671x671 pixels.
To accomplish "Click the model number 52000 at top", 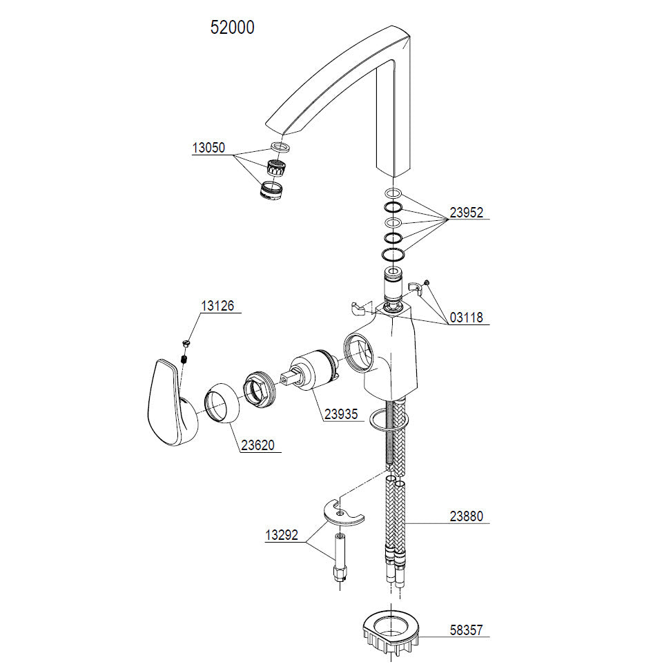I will (232, 28).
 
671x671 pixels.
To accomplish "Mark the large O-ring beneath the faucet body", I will (389, 419).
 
